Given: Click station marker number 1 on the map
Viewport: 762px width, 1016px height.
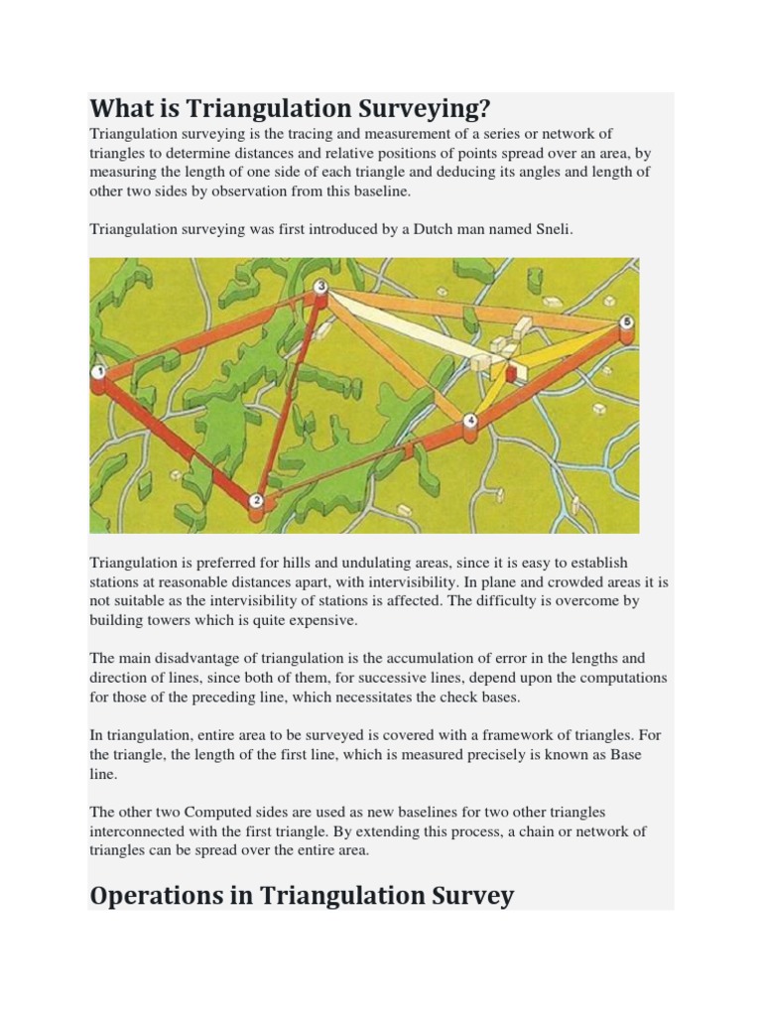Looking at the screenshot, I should pos(98,373).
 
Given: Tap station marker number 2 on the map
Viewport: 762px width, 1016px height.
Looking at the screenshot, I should pos(256,502).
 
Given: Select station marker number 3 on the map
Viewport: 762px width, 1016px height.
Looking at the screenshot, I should pos(320,287).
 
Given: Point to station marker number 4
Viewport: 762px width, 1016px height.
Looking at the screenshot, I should pos(470,422).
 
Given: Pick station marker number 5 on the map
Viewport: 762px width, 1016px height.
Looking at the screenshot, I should pos(625,323).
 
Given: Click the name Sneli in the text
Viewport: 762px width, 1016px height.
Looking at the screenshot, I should pos(553,229).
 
